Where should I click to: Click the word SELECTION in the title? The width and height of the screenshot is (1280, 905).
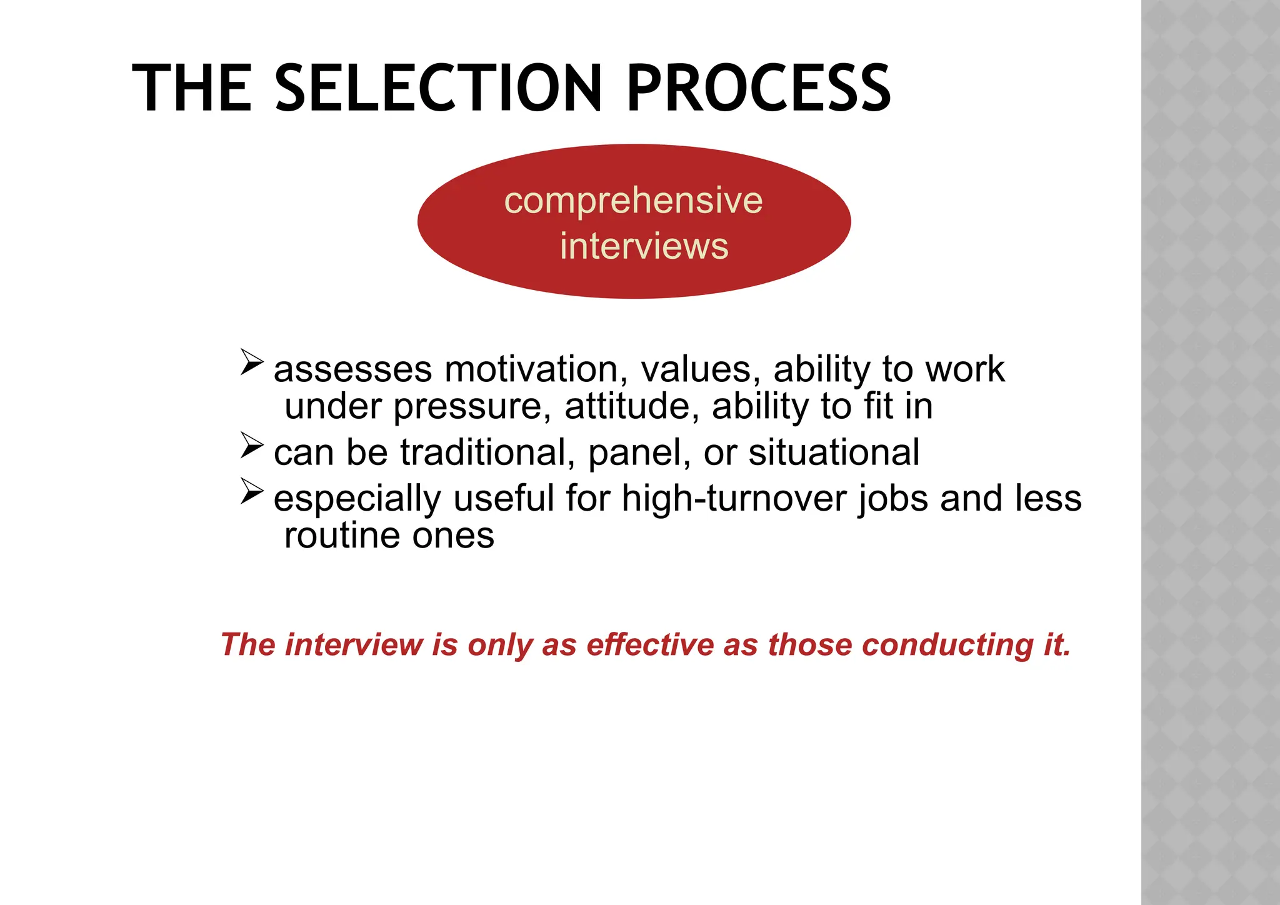click(439, 89)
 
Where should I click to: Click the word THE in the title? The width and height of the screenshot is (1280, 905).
click(192, 89)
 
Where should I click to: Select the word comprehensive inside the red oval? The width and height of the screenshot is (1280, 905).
click(633, 201)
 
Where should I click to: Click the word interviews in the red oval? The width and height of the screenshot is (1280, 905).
click(644, 246)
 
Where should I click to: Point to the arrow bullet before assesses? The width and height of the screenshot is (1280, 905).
click(252, 362)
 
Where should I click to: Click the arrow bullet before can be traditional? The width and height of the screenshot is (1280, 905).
click(252, 445)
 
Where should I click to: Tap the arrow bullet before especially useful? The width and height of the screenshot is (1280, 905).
click(252, 491)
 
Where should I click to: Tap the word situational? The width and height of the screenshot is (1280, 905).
click(834, 452)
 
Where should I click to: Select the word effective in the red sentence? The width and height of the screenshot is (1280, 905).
click(650, 644)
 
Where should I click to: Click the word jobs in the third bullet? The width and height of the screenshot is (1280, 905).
click(893, 499)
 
